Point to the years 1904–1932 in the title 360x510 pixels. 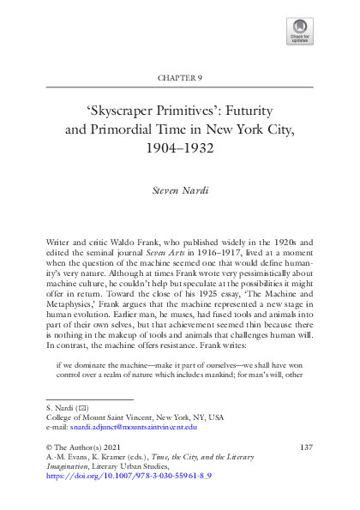click(180, 147)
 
